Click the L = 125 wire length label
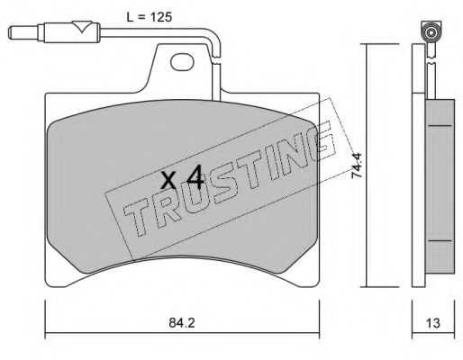(x=150, y=17)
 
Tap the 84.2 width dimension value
(x=182, y=323)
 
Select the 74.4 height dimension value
(x=358, y=166)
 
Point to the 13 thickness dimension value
(x=433, y=323)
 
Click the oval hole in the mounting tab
(x=182, y=62)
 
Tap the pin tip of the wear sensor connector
(x=12, y=32)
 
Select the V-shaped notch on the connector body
(x=82, y=26)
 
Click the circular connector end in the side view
(x=431, y=32)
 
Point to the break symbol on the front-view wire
(x=216, y=59)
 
